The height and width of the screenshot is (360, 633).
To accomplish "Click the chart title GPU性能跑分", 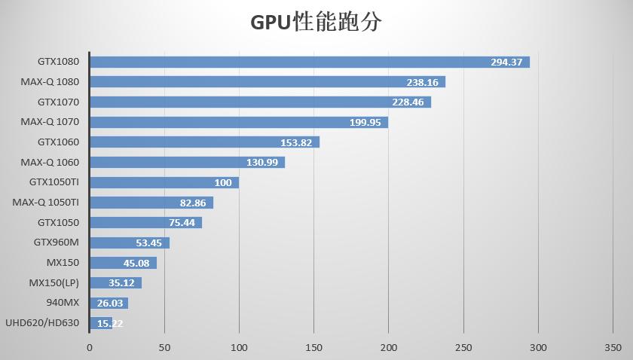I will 316,22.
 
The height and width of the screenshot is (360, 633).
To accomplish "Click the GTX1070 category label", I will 58,102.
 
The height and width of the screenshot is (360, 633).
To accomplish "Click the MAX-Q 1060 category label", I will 50,162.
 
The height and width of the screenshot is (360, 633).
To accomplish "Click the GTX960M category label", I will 56,243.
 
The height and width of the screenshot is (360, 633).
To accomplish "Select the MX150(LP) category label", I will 54,282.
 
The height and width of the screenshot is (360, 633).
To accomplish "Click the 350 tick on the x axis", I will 613,347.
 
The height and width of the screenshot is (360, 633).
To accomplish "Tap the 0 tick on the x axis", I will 90,347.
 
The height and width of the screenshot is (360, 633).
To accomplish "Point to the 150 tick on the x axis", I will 313,347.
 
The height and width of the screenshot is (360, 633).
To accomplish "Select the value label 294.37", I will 506,62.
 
